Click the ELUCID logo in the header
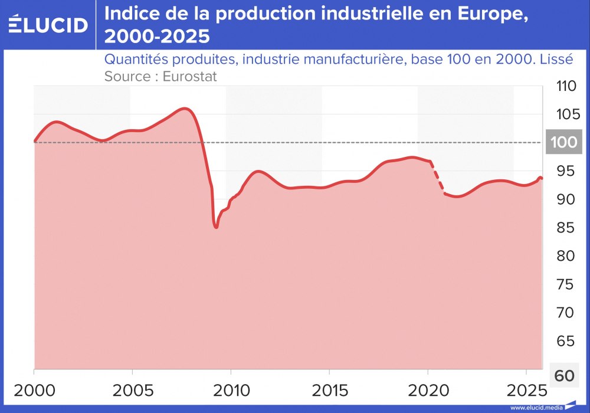48,24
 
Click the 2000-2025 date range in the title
156,37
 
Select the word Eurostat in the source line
190,76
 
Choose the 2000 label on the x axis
34,392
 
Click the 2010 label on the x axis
231,392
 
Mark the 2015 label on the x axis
329,392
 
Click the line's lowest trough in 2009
216,227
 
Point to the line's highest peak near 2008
185,109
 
